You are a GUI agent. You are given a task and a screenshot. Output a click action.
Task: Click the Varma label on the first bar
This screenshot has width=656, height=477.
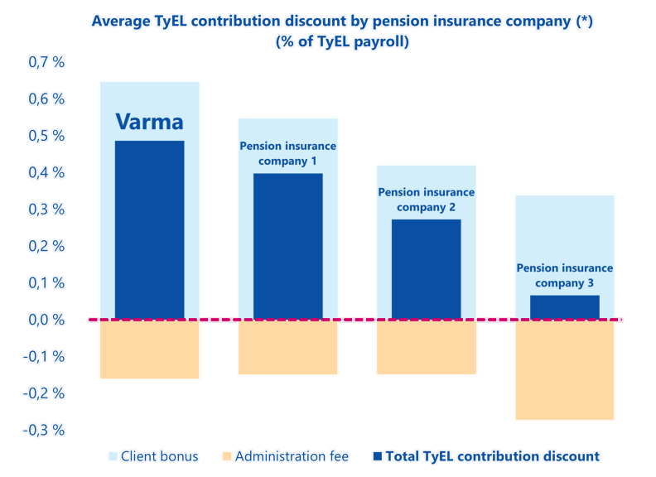pyautogui.click(x=149, y=123)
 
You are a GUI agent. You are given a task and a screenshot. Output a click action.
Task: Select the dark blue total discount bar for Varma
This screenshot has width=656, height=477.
pyautogui.click(x=149, y=232)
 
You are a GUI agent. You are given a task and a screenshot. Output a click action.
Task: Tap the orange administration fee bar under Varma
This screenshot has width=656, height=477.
pyautogui.click(x=149, y=350)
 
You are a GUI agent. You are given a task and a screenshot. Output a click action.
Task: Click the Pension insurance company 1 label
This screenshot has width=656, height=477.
pyautogui.click(x=288, y=153)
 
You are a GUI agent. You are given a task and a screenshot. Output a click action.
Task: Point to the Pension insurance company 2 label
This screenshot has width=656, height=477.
pyautogui.click(x=427, y=200)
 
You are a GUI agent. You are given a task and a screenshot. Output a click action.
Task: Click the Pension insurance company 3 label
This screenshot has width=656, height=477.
pyautogui.click(x=565, y=276)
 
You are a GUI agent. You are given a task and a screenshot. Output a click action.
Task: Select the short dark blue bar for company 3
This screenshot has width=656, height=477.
pyautogui.click(x=565, y=307)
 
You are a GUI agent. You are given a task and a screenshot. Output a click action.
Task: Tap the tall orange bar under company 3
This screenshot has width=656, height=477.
pyautogui.click(x=565, y=371)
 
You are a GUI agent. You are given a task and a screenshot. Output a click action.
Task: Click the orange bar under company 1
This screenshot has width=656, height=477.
pyautogui.click(x=288, y=349)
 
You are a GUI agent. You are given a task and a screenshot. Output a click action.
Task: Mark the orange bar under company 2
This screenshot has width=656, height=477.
pyautogui.click(x=427, y=349)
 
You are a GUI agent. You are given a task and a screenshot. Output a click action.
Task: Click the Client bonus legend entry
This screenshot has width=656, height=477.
pyautogui.click(x=152, y=456)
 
